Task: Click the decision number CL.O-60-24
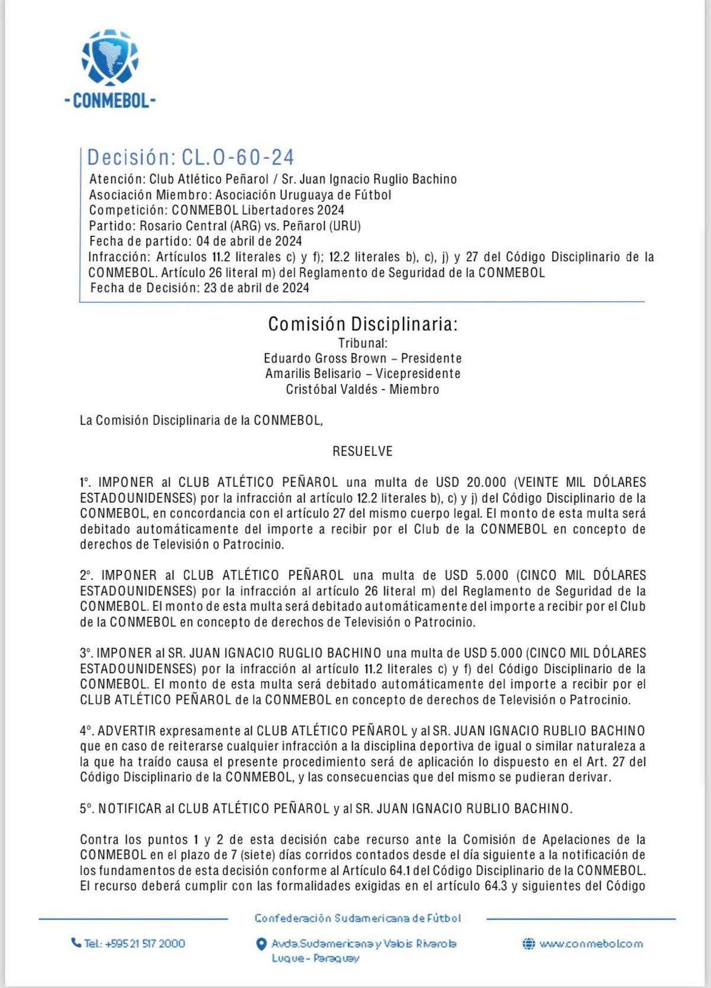(x=238, y=157)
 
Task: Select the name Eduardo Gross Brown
(x=325, y=358)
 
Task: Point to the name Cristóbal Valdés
(x=332, y=389)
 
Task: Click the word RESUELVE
(x=363, y=451)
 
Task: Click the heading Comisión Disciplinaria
(x=363, y=324)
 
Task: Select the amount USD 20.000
(x=471, y=483)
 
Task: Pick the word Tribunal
(x=363, y=343)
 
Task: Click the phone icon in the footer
(x=76, y=942)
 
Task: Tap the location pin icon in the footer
(x=261, y=944)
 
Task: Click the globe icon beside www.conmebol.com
(x=529, y=944)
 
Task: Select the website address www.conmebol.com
(x=591, y=944)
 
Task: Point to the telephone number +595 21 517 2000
(x=145, y=944)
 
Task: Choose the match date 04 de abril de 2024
(x=249, y=241)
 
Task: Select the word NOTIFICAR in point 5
(x=130, y=809)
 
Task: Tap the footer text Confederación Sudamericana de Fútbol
(x=357, y=918)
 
